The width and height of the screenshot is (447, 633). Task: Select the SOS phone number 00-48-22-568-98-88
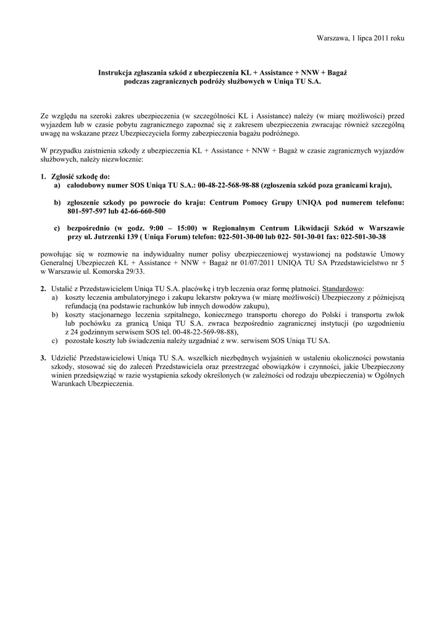[228, 185]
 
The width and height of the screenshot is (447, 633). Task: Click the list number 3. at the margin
[43, 358]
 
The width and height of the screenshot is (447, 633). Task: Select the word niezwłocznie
[124, 159]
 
